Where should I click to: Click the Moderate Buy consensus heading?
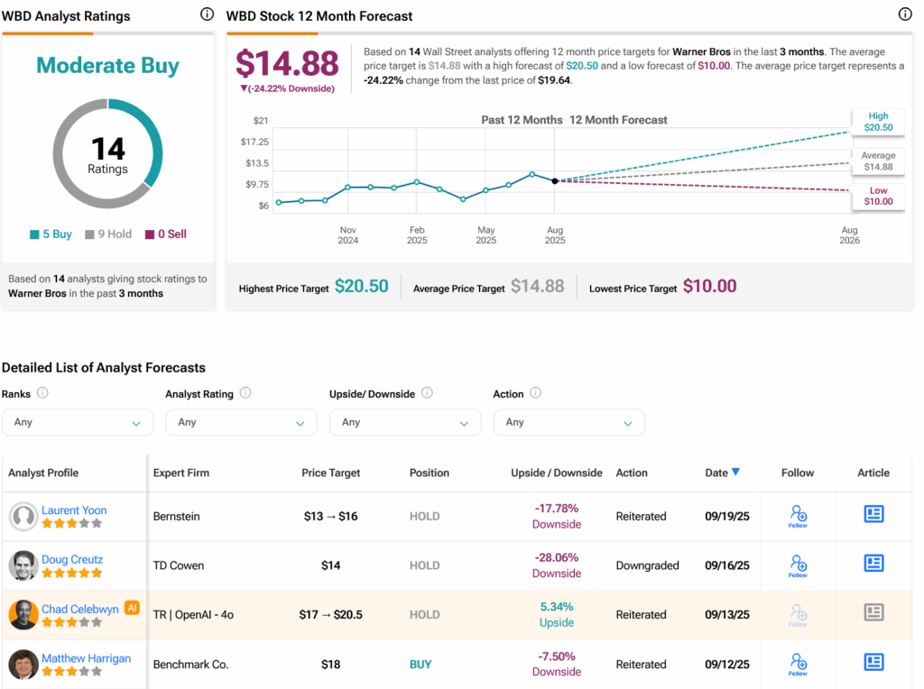(108, 65)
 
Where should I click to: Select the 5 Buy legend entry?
(51, 234)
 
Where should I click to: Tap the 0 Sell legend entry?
(166, 234)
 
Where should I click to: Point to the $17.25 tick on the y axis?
(254, 142)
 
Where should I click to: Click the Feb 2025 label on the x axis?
(417, 235)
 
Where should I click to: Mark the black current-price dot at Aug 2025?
(555, 180)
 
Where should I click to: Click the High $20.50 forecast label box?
(878, 122)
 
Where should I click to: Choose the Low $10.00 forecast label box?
(878, 196)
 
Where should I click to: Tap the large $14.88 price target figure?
(288, 64)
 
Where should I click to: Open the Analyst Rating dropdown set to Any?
(242, 422)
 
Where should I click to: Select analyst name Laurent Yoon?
(74, 510)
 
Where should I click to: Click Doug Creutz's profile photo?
(23, 565)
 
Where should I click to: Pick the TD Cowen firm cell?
(179, 565)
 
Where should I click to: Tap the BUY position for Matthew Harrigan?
(420, 665)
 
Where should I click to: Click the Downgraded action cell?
(648, 565)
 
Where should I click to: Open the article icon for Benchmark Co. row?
(873, 662)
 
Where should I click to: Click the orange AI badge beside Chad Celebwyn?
(132, 608)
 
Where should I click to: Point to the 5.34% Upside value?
(557, 614)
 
